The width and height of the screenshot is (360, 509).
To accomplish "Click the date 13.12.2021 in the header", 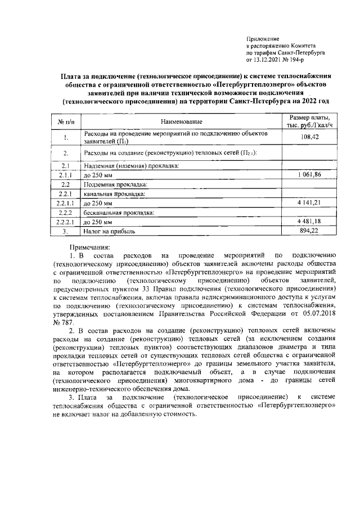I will [x=271, y=58].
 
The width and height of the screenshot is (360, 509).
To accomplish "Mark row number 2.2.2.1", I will [x=66, y=222].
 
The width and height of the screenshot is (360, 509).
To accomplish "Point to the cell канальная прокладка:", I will [x=114, y=193].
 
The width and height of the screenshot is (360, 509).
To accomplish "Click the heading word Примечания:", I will [x=90, y=247].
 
